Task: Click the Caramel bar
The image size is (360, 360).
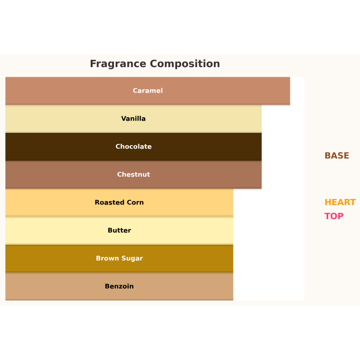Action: [72, 91]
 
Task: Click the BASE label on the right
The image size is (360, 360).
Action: [336, 156]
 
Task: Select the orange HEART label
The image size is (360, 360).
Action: [340, 203]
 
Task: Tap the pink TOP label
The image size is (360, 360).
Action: [334, 216]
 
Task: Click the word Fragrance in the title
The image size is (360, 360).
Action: [118, 64]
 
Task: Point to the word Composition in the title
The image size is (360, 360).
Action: [185, 64]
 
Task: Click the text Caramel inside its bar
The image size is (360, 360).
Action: [148, 91]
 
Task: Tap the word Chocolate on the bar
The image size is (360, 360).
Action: [134, 147]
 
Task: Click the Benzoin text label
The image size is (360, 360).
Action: [119, 287]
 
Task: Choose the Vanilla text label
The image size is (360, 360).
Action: [134, 119]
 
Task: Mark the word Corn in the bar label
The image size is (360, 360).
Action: [135, 203]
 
